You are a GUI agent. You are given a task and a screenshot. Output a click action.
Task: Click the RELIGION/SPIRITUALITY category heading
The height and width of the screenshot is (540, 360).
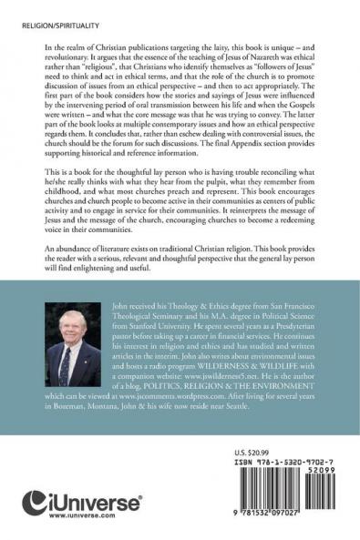[46, 16]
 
